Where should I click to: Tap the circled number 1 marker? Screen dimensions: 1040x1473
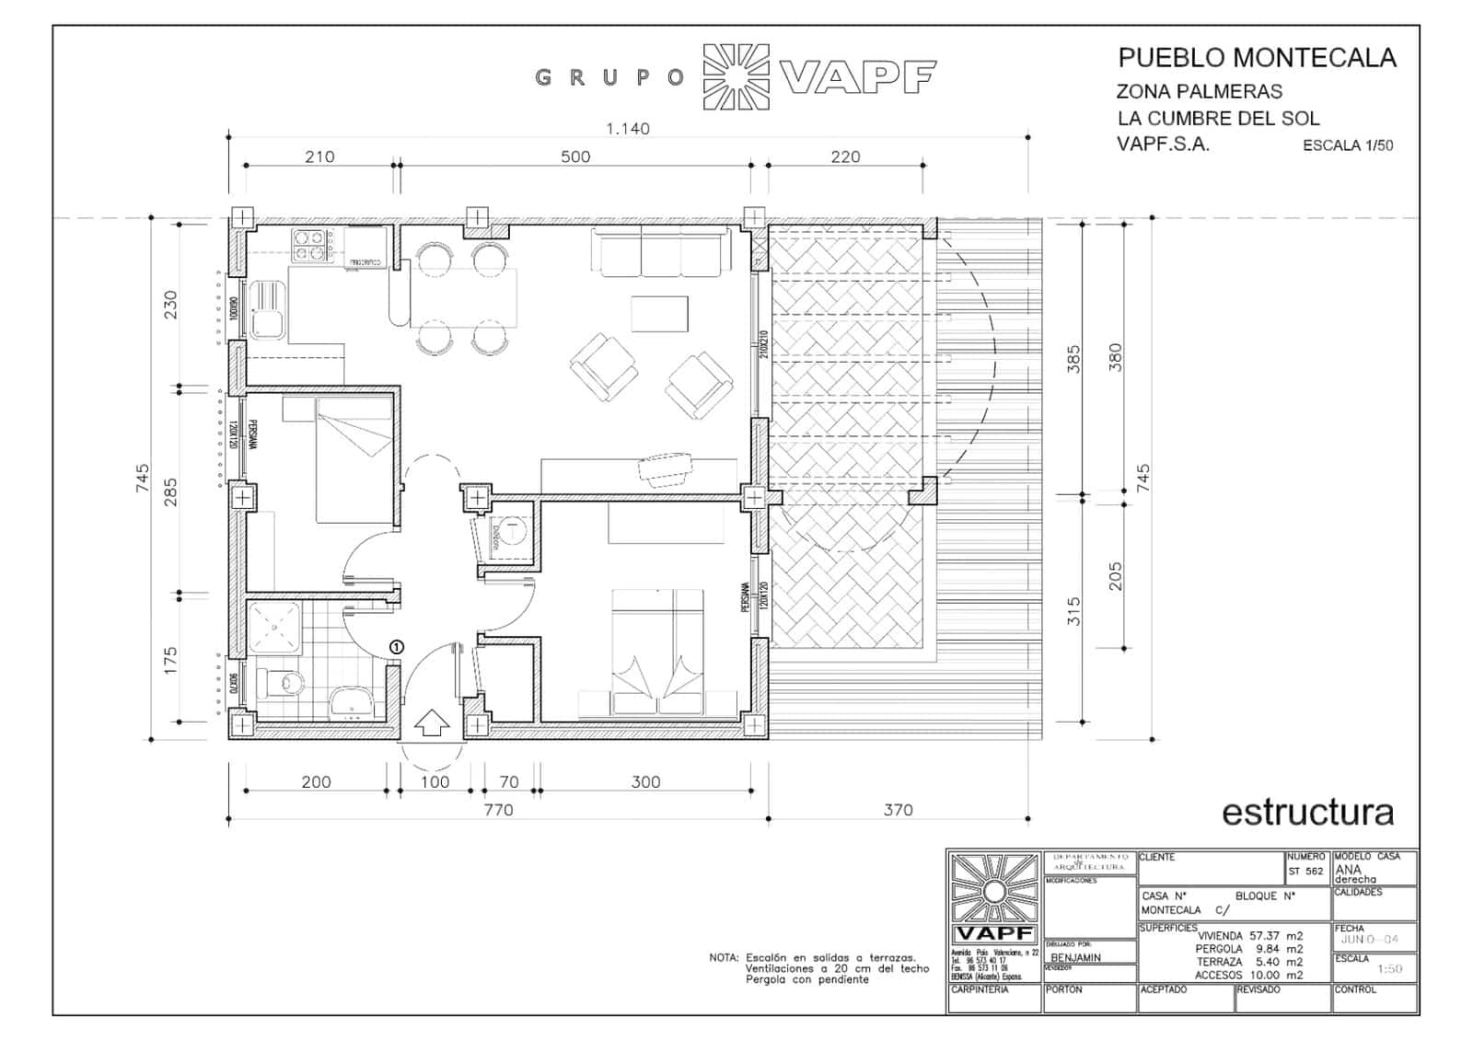pos(397,647)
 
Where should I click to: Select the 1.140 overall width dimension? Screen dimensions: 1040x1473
pos(627,129)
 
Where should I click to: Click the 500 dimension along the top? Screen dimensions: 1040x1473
pos(575,156)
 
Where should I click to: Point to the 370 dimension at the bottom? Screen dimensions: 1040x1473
pos(898,810)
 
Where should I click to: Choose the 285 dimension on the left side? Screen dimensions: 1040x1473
pos(170,491)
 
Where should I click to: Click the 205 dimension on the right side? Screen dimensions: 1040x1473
pos(1116,576)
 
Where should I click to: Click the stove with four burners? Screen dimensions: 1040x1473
pos(312,245)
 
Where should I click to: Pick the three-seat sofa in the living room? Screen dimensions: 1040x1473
pos(660,254)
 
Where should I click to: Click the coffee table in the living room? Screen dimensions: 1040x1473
pos(659,313)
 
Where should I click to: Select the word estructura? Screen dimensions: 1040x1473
pos(1307,812)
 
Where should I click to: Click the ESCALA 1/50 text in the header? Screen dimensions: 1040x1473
pos(1347,145)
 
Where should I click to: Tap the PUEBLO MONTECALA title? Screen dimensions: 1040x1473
pos(1257,58)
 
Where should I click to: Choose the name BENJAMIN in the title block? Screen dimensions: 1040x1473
pos(1075,957)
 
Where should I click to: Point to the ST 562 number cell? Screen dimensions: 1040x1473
pos(1305,871)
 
